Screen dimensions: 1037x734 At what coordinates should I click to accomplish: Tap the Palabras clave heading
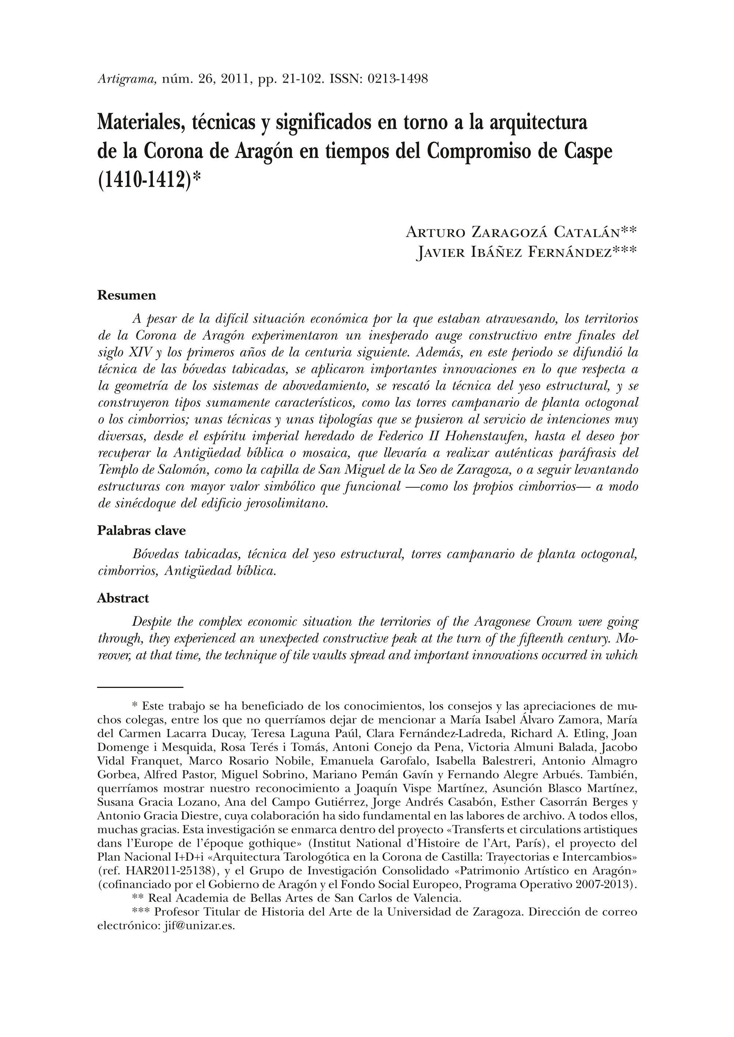[142, 531]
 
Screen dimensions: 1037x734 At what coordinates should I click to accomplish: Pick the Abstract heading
[123, 598]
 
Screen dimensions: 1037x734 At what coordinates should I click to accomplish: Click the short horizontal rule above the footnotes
[140, 688]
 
